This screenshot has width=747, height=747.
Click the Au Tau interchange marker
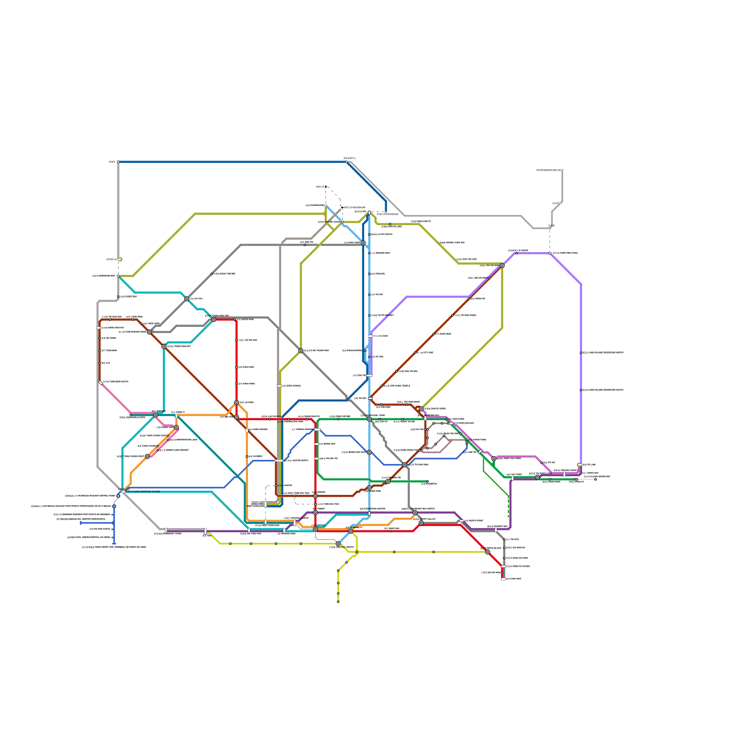(187, 299)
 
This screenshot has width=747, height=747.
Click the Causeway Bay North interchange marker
(415, 513)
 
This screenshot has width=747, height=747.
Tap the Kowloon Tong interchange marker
(369, 419)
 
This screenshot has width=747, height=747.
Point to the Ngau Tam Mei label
(223, 274)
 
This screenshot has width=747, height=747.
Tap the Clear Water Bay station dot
(595, 479)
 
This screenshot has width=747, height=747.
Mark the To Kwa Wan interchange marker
(405, 465)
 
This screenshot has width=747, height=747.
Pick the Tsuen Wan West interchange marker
(163, 346)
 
